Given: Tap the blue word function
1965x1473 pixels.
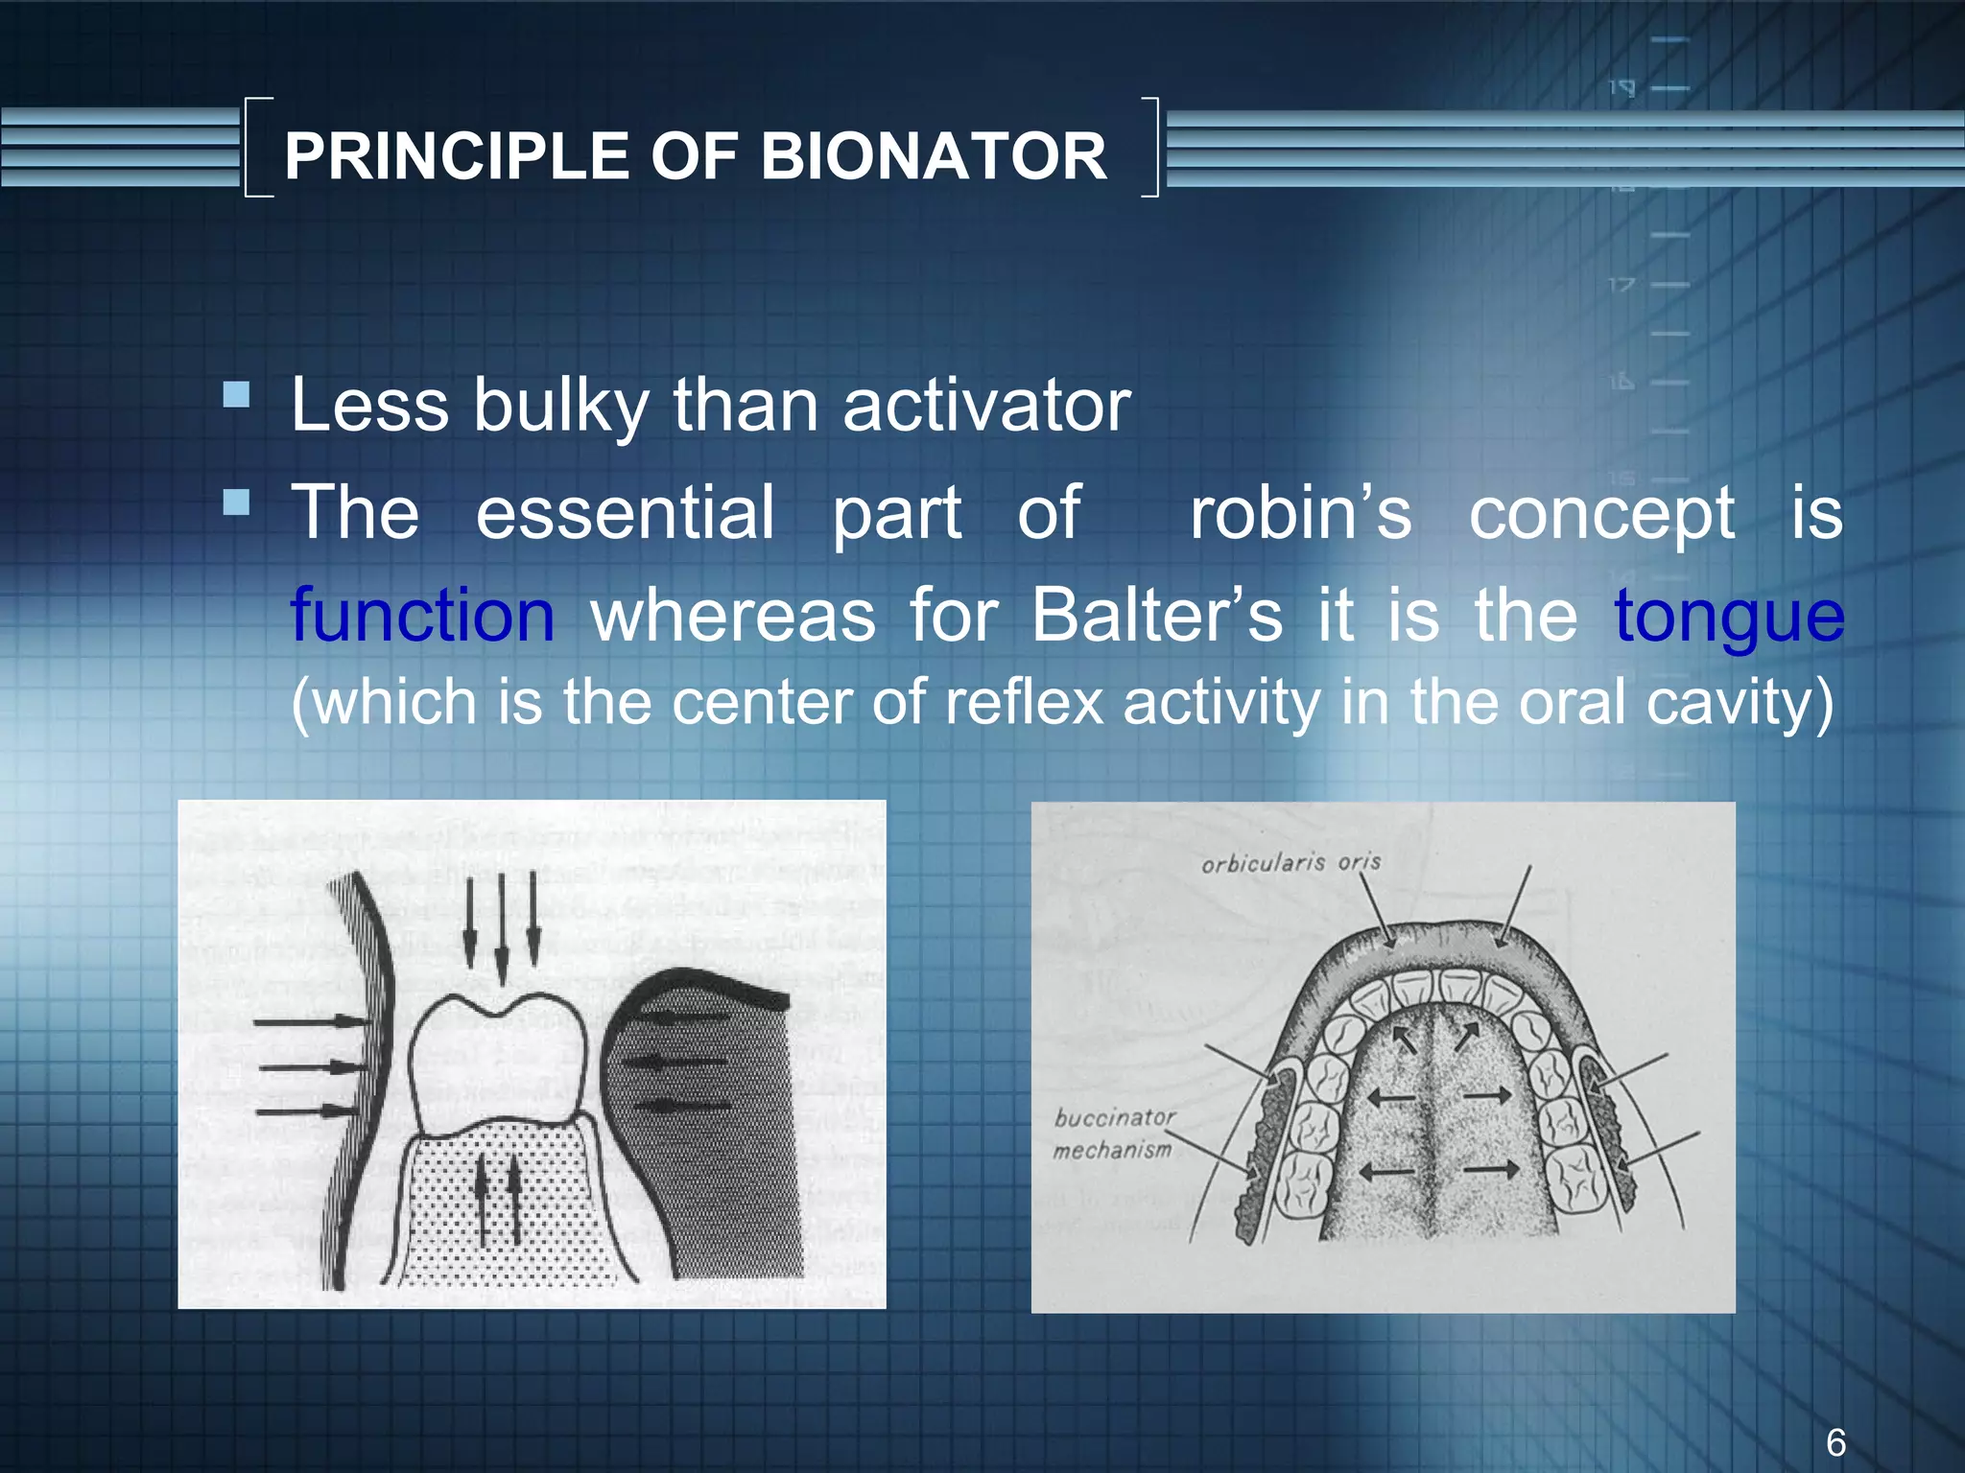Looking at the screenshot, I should click(422, 616).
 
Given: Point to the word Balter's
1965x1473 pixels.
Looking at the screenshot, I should click(1156, 616).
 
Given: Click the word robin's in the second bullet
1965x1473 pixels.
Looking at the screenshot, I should click(1300, 513).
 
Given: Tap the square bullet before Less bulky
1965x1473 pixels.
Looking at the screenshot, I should click(236, 395).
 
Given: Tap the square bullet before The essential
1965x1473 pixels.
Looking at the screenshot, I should click(236, 503).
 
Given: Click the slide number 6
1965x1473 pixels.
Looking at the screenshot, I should click(1835, 1442).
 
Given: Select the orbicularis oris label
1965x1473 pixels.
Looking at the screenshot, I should click(1290, 863).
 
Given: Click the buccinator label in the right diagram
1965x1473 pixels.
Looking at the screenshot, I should click(1114, 1117).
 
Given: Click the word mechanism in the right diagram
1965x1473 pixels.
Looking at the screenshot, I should click(1112, 1150).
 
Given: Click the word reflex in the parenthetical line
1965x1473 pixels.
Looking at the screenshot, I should click(1025, 702).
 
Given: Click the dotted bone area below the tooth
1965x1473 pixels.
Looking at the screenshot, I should click(499, 1218).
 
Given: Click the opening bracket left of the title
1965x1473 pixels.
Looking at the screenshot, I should click(257, 147).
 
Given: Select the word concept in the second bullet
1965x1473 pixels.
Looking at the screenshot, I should click(1600, 513).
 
